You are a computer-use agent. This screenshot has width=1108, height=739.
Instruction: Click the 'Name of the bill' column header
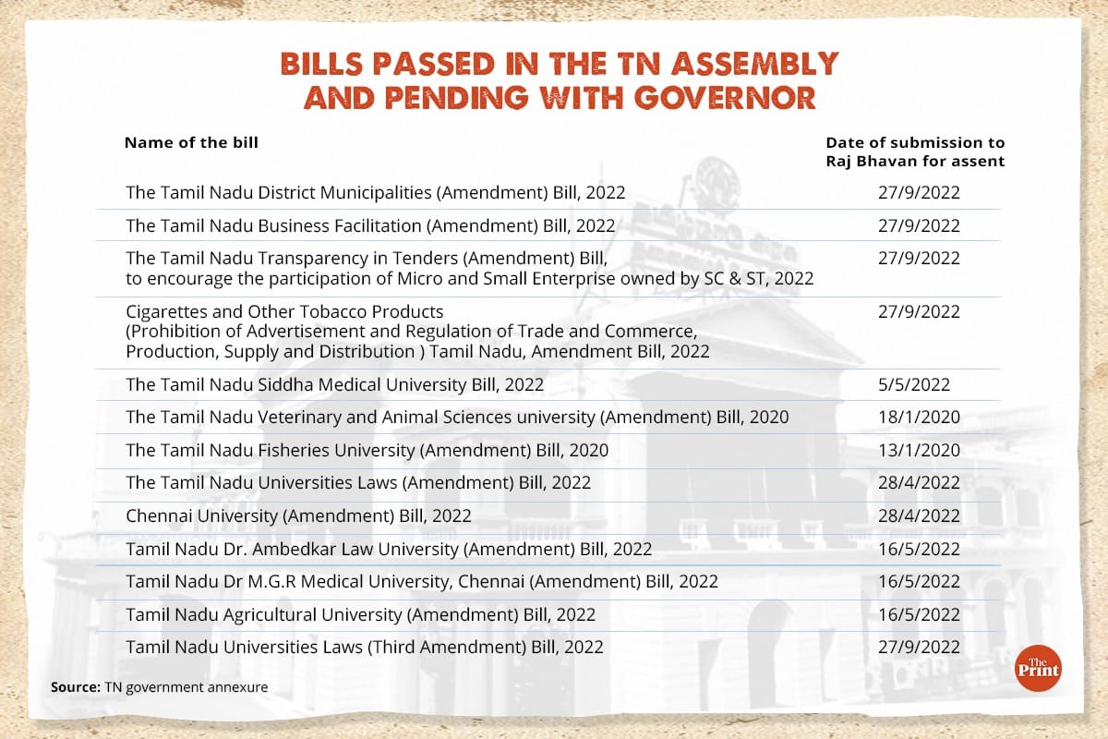click(x=191, y=143)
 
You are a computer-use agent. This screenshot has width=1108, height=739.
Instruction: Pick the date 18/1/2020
click(x=919, y=417)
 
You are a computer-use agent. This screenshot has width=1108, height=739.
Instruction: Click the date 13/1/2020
click(x=919, y=450)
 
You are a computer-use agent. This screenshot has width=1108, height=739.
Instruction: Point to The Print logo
click(x=1038, y=667)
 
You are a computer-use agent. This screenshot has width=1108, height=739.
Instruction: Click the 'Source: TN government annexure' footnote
click(x=160, y=687)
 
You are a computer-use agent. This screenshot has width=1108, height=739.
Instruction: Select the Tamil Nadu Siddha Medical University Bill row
click(x=334, y=384)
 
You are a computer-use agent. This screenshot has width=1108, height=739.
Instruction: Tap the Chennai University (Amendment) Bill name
click(x=298, y=515)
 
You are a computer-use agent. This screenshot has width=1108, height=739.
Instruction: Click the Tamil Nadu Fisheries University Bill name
click(x=367, y=450)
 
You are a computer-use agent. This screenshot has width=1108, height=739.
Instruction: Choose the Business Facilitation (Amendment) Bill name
click(x=370, y=225)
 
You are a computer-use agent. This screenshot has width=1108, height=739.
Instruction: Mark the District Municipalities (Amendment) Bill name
click(x=375, y=193)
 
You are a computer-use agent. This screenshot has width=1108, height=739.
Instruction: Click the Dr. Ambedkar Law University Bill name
click(x=389, y=549)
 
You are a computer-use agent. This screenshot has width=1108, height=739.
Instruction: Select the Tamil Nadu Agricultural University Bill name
click(x=360, y=614)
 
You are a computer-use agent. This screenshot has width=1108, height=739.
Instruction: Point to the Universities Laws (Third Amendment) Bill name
click(x=364, y=647)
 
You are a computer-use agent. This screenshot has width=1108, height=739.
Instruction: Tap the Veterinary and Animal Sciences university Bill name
click(x=457, y=417)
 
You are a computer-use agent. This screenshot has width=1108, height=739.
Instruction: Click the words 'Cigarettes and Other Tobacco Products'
click(x=284, y=311)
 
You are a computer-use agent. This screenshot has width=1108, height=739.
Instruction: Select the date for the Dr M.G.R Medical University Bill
click(x=919, y=581)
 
